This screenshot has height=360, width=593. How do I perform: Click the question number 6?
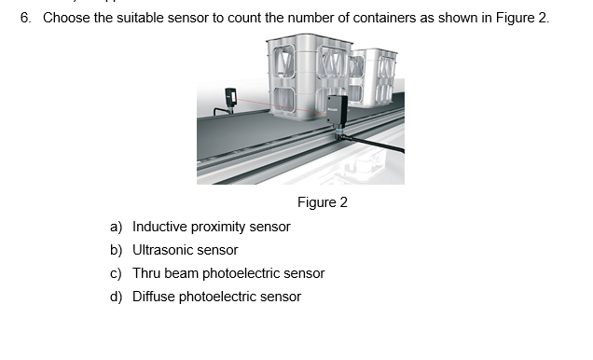pos(26,18)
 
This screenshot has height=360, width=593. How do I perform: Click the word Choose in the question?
pos(66,18)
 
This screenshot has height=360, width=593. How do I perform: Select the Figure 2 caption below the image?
pos(323,202)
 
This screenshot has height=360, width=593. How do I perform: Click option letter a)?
pos(117,227)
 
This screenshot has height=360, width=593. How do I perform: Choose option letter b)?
pos(117,250)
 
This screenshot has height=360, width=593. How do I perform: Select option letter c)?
pos(117,274)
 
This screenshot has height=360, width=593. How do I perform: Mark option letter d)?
pos(117,297)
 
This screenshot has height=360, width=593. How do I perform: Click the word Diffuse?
pos(154,297)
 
